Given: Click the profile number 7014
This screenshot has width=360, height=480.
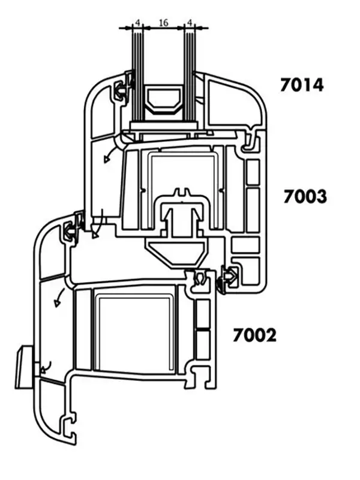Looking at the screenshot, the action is (x=302, y=85).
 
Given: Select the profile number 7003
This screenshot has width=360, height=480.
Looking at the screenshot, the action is (x=305, y=197).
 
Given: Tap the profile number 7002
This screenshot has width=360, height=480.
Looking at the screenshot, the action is (x=254, y=335).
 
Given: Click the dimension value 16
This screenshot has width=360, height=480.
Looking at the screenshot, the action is (x=163, y=22).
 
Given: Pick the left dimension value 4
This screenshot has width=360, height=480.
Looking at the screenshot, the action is (x=137, y=22).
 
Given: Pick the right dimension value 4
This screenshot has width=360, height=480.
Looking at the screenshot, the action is (x=190, y=22).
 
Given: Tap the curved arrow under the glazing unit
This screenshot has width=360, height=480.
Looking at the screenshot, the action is (x=110, y=155).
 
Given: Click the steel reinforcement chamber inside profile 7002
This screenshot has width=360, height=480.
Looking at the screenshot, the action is (x=134, y=332).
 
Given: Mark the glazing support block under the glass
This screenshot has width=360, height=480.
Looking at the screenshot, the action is (x=164, y=125).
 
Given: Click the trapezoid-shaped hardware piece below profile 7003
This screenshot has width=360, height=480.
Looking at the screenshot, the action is (x=176, y=252).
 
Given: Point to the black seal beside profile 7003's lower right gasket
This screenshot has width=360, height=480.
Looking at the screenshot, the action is (x=221, y=284).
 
